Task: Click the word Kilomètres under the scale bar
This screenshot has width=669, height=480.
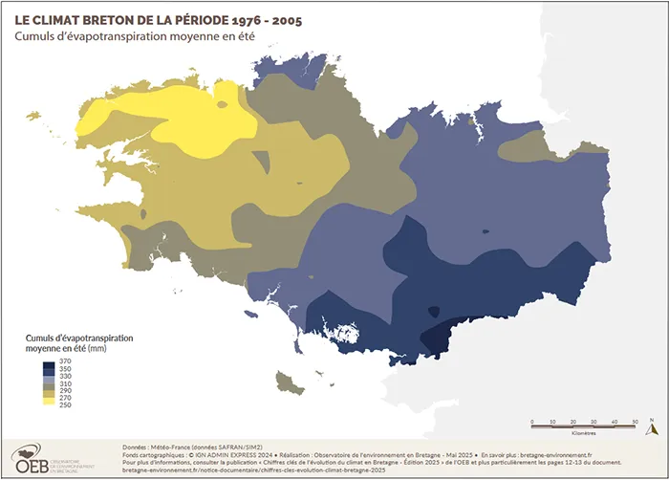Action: pos(582,432)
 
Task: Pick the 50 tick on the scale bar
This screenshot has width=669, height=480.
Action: pos(636,422)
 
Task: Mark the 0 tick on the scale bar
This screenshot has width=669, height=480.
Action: pos(530,422)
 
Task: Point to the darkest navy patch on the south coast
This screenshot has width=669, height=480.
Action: pos(442,334)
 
